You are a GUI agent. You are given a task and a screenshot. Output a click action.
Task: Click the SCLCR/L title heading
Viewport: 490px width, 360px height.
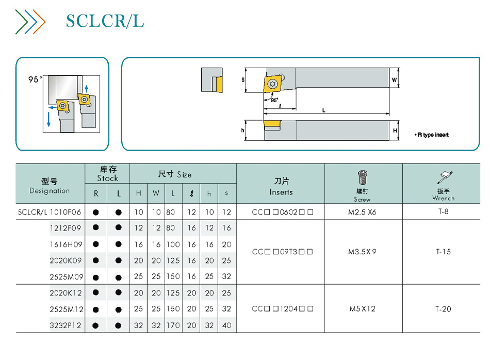105,21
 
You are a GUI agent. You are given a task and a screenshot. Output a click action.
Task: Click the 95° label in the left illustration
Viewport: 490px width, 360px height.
35,79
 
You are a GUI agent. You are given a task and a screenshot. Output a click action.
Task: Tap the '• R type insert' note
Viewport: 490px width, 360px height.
432,135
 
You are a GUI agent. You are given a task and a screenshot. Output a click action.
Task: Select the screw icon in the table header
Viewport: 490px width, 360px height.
363,177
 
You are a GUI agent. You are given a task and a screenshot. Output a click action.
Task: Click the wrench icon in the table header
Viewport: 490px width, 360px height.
445,177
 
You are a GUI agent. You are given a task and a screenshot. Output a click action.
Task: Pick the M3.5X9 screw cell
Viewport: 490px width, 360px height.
362,252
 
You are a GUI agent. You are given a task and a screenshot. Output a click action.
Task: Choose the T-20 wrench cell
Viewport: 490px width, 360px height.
443,309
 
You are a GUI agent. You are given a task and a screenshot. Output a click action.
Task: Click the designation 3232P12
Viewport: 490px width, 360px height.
66,325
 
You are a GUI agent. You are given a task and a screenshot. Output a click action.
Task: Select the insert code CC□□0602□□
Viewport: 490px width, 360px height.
283,212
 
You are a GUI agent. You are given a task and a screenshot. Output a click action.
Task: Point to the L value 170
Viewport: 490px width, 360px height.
173,325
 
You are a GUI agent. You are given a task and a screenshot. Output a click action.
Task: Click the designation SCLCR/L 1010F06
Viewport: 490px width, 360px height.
50,212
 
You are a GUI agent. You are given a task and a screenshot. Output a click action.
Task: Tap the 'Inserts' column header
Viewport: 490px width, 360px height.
281,192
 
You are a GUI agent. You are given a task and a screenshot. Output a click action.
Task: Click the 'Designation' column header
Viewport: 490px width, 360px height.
50,191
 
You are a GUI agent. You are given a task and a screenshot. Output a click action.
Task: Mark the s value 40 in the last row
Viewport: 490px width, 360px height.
227,325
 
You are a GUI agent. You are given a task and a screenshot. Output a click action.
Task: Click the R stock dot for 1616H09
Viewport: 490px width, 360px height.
96,244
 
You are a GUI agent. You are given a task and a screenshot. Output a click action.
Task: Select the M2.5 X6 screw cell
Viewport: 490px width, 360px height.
362,212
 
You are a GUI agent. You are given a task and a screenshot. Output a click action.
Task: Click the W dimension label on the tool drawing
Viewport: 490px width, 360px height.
395,80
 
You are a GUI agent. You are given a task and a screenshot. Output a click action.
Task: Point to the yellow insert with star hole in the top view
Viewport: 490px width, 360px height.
272,84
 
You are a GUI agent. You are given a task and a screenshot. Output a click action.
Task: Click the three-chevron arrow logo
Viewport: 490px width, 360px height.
30,22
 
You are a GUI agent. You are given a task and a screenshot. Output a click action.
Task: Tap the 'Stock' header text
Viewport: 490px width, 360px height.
107,178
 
